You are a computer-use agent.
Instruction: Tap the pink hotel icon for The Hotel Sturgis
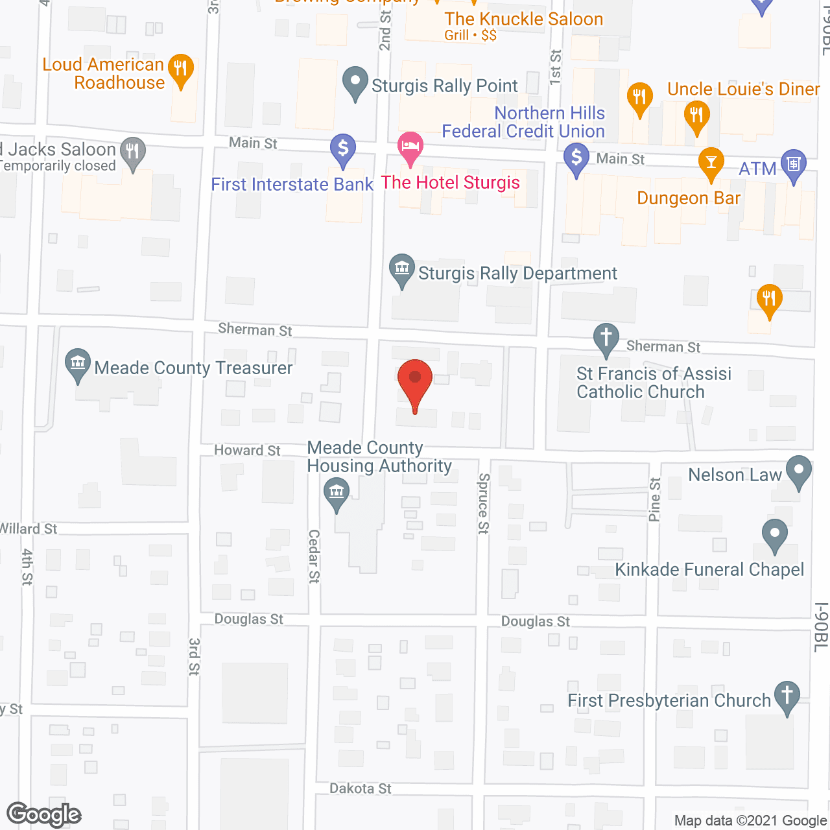click(x=410, y=146)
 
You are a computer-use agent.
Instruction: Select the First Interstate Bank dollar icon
click(x=343, y=149)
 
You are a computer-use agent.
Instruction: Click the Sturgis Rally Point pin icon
click(x=355, y=82)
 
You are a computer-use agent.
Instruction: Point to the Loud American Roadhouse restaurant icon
click(x=181, y=68)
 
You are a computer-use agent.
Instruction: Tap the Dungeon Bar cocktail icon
click(x=711, y=162)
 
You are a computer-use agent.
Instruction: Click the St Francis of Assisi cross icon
click(x=606, y=338)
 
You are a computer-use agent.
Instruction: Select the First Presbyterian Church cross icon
click(x=787, y=696)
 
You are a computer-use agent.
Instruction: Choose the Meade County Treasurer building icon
click(x=78, y=364)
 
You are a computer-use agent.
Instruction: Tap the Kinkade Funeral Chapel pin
click(x=774, y=535)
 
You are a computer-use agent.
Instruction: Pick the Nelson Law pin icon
click(x=799, y=471)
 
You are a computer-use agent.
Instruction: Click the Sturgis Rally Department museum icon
click(x=402, y=268)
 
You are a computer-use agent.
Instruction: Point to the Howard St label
click(x=247, y=450)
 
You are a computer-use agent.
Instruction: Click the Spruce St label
click(x=483, y=503)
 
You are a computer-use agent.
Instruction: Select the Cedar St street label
click(x=314, y=556)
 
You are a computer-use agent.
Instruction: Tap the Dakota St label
click(x=361, y=788)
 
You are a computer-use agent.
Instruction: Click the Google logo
click(x=44, y=814)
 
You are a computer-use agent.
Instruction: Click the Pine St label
click(x=655, y=499)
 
